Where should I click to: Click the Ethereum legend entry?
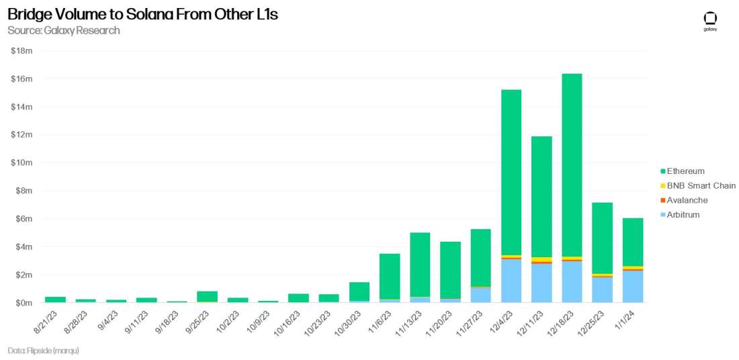pyautogui.click(x=685, y=171)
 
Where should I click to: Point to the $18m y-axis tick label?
pyautogui.click(x=23, y=51)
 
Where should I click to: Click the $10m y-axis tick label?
pyautogui.click(x=23, y=163)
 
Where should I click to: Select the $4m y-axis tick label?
pyautogui.click(x=24, y=246)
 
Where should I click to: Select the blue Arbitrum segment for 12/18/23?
pyautogui.click(x=572, y=282)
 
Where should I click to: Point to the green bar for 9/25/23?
pyautogui.click(x=207, y=296)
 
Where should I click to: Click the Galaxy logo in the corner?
pyautogui.click(x=710, y=20)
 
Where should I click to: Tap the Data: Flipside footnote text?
pyautogui.click(x=43, y=351)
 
